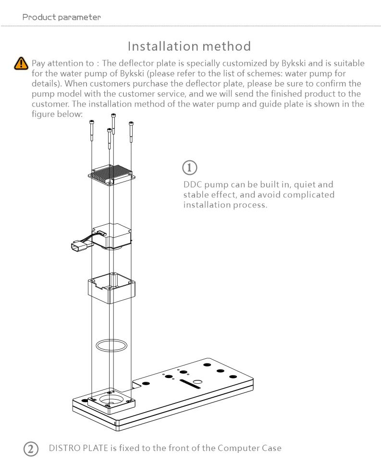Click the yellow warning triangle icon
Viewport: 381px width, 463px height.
click(21, 63)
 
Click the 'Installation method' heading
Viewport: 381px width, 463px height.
click(189, 46)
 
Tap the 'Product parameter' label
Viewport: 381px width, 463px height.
click(62, 17)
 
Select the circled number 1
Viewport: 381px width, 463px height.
click(190, 168)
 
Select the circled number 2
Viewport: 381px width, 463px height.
click(31, 449)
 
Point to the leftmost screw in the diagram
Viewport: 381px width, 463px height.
click(91, 130)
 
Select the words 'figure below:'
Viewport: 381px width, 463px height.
click(57, 114)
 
